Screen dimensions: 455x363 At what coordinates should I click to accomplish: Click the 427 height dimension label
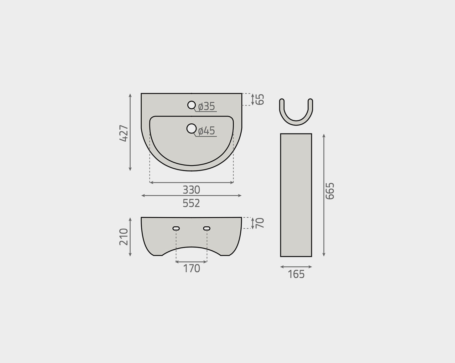click(x=124, y=133)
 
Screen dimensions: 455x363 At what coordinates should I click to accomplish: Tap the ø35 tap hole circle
click(x=191, y=105)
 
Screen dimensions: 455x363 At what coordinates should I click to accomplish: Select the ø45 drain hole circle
click(x=191, y=128)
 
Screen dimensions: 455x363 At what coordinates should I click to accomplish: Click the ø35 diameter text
click(x=207, y=106)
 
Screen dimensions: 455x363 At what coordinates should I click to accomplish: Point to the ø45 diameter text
click(x=207, y=131)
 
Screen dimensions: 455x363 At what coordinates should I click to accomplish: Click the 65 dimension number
click(x=260, y=99)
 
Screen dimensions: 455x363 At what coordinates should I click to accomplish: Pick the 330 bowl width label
click(x=191, y=190)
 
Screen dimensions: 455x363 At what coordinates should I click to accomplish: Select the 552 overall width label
click(x=191, y=203)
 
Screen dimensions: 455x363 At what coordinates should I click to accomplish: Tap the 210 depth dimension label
click(x=124, y=237)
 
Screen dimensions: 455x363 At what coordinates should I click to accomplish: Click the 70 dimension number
click(x=260, y=223)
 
